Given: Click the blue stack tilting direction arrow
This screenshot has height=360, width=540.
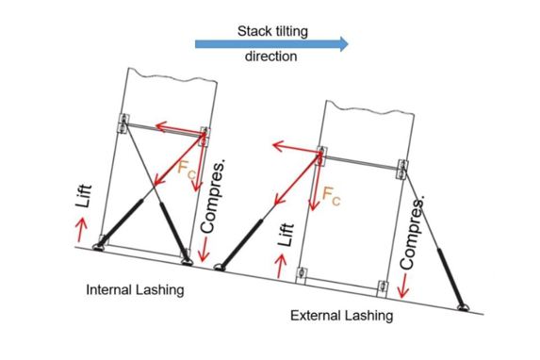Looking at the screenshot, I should click(x=271, y=43).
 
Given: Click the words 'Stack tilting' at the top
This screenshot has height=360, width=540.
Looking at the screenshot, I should click(x=271, y=31).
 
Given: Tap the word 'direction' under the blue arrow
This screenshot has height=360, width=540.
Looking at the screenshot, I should click(x=271, y=57).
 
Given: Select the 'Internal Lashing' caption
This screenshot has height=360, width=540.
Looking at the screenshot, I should click(x=135, y=289).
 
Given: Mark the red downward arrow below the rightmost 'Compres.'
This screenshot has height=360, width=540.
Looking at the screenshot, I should click(x=405, y=287).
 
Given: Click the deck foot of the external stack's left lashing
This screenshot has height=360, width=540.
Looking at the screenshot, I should click(x=218, y=267).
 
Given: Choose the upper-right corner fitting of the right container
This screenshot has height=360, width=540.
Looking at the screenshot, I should click(x=402, y=170).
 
